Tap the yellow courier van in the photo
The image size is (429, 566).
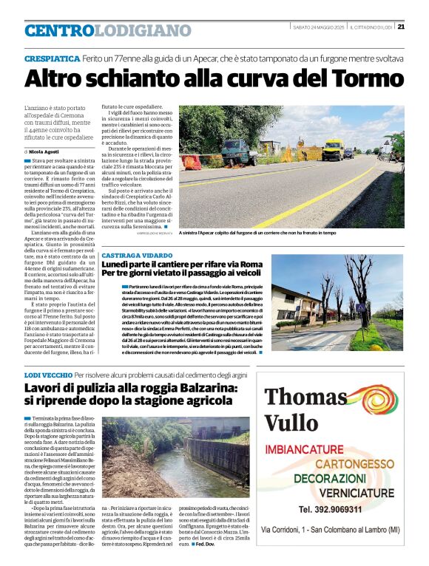[x=332, y=149]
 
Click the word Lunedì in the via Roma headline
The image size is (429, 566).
[x=120, y=263]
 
